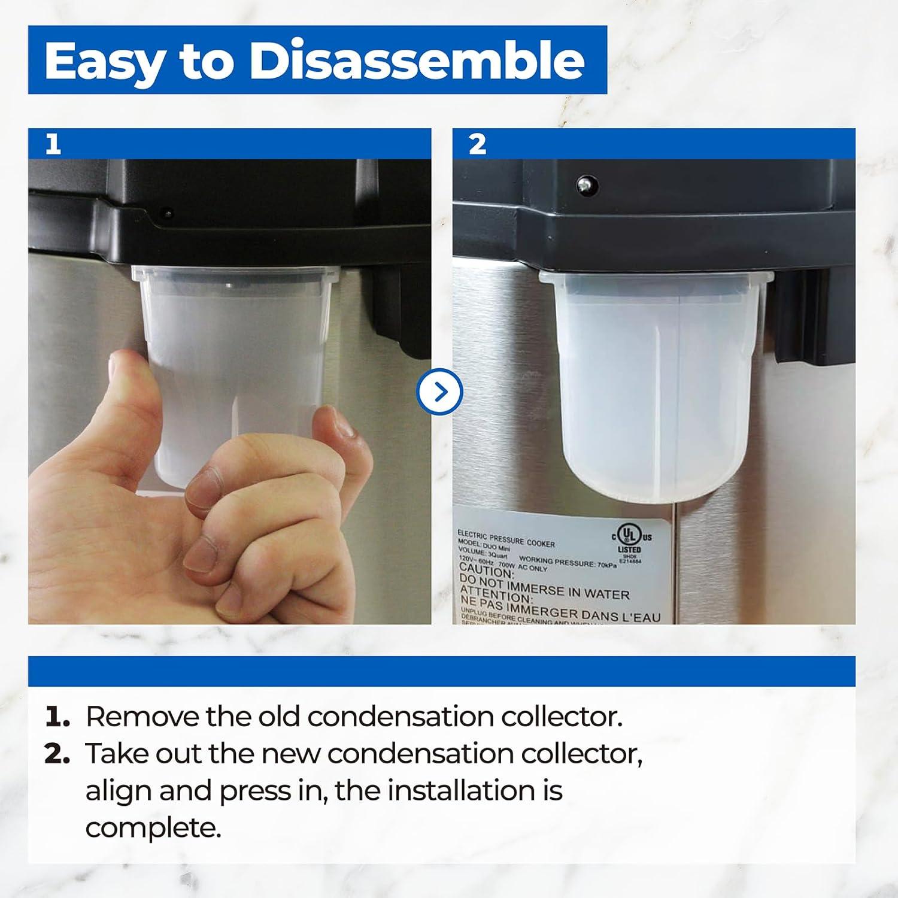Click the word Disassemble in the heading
(417, 60)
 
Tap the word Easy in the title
(102, 62)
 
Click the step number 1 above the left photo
(53, 144)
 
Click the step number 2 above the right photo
(477, 144)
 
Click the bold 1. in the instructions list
(57, 717)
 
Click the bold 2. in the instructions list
(58, 754)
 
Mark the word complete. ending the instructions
(153, 829)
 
